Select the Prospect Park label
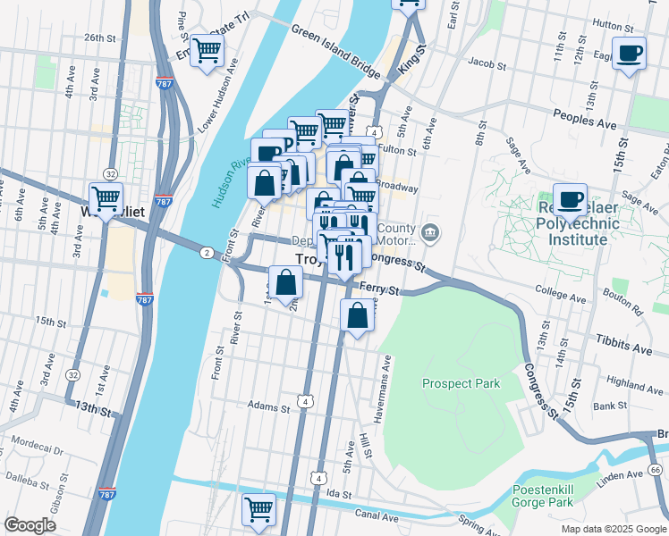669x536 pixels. (x=461, y=383)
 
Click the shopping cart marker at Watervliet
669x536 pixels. (x=106, y=197)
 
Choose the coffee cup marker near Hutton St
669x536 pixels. (x=629, y=52)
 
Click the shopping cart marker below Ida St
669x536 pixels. (x=258, y=509)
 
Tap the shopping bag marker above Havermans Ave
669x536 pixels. (x=357, y=314)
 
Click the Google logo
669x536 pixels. (x=30, y=525)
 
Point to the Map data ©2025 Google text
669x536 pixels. (x=613, y=528)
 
